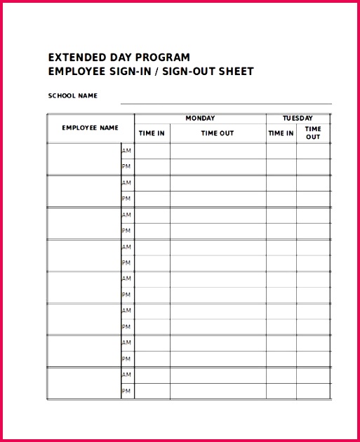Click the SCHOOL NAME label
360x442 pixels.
tap(72, 95)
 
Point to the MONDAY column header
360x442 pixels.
tap(200, 119)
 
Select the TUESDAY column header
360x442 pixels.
tap(298, 119)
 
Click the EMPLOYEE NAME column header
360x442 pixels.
tap(90, 128)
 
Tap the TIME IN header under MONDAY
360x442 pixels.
tap(152, 133)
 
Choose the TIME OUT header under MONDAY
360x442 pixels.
tap(218, 133)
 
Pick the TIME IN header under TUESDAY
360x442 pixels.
tap(281, 133)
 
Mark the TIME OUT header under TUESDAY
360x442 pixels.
tap(313, 133)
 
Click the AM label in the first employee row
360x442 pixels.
tap(127, 151)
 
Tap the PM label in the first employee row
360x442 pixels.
tap(127, 167)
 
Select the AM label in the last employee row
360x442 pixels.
tap(127, 375)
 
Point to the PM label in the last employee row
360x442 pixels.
tap(127, 391)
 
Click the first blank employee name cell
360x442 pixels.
tap(84, 159)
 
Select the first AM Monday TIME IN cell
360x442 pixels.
tap(152, 151)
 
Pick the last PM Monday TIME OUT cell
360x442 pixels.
tap(218, 391)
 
